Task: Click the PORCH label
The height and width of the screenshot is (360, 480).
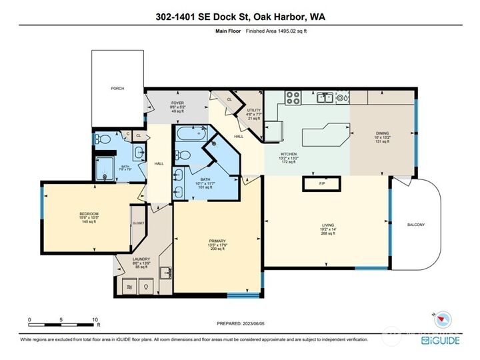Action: [117, 88]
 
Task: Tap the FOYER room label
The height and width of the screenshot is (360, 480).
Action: [159, 103]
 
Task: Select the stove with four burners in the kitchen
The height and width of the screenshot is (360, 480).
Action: [293, 98]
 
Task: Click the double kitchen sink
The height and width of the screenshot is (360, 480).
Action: [325, 98]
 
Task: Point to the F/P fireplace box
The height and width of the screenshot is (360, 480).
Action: [321, 183]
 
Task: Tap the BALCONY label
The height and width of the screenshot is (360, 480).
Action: [415, 225]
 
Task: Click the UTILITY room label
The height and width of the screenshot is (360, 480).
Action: [253, 110]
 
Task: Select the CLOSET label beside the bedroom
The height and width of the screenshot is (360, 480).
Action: [138, 223]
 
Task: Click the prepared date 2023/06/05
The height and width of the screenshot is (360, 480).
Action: [257, 323]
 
